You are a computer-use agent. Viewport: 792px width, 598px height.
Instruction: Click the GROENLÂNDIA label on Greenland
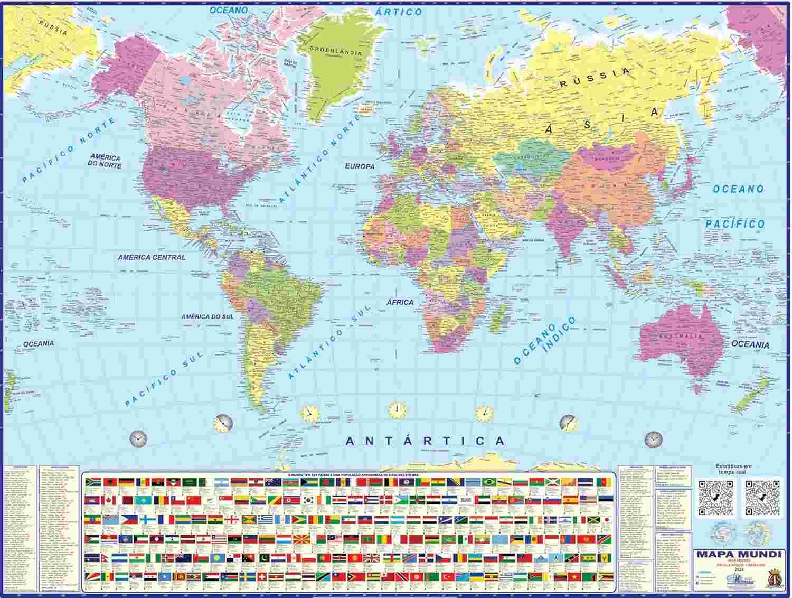335,52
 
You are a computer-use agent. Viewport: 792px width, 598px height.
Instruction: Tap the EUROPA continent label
360,166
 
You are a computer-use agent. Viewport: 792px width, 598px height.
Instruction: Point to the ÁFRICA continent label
400,302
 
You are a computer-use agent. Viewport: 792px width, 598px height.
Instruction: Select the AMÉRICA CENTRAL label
152,258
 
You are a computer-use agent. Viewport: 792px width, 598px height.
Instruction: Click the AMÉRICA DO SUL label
207,317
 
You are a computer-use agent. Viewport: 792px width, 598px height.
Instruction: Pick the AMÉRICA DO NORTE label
106,161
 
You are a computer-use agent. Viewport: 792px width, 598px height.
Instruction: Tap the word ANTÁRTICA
425,441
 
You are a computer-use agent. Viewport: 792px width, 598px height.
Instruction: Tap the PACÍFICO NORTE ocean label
69,151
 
